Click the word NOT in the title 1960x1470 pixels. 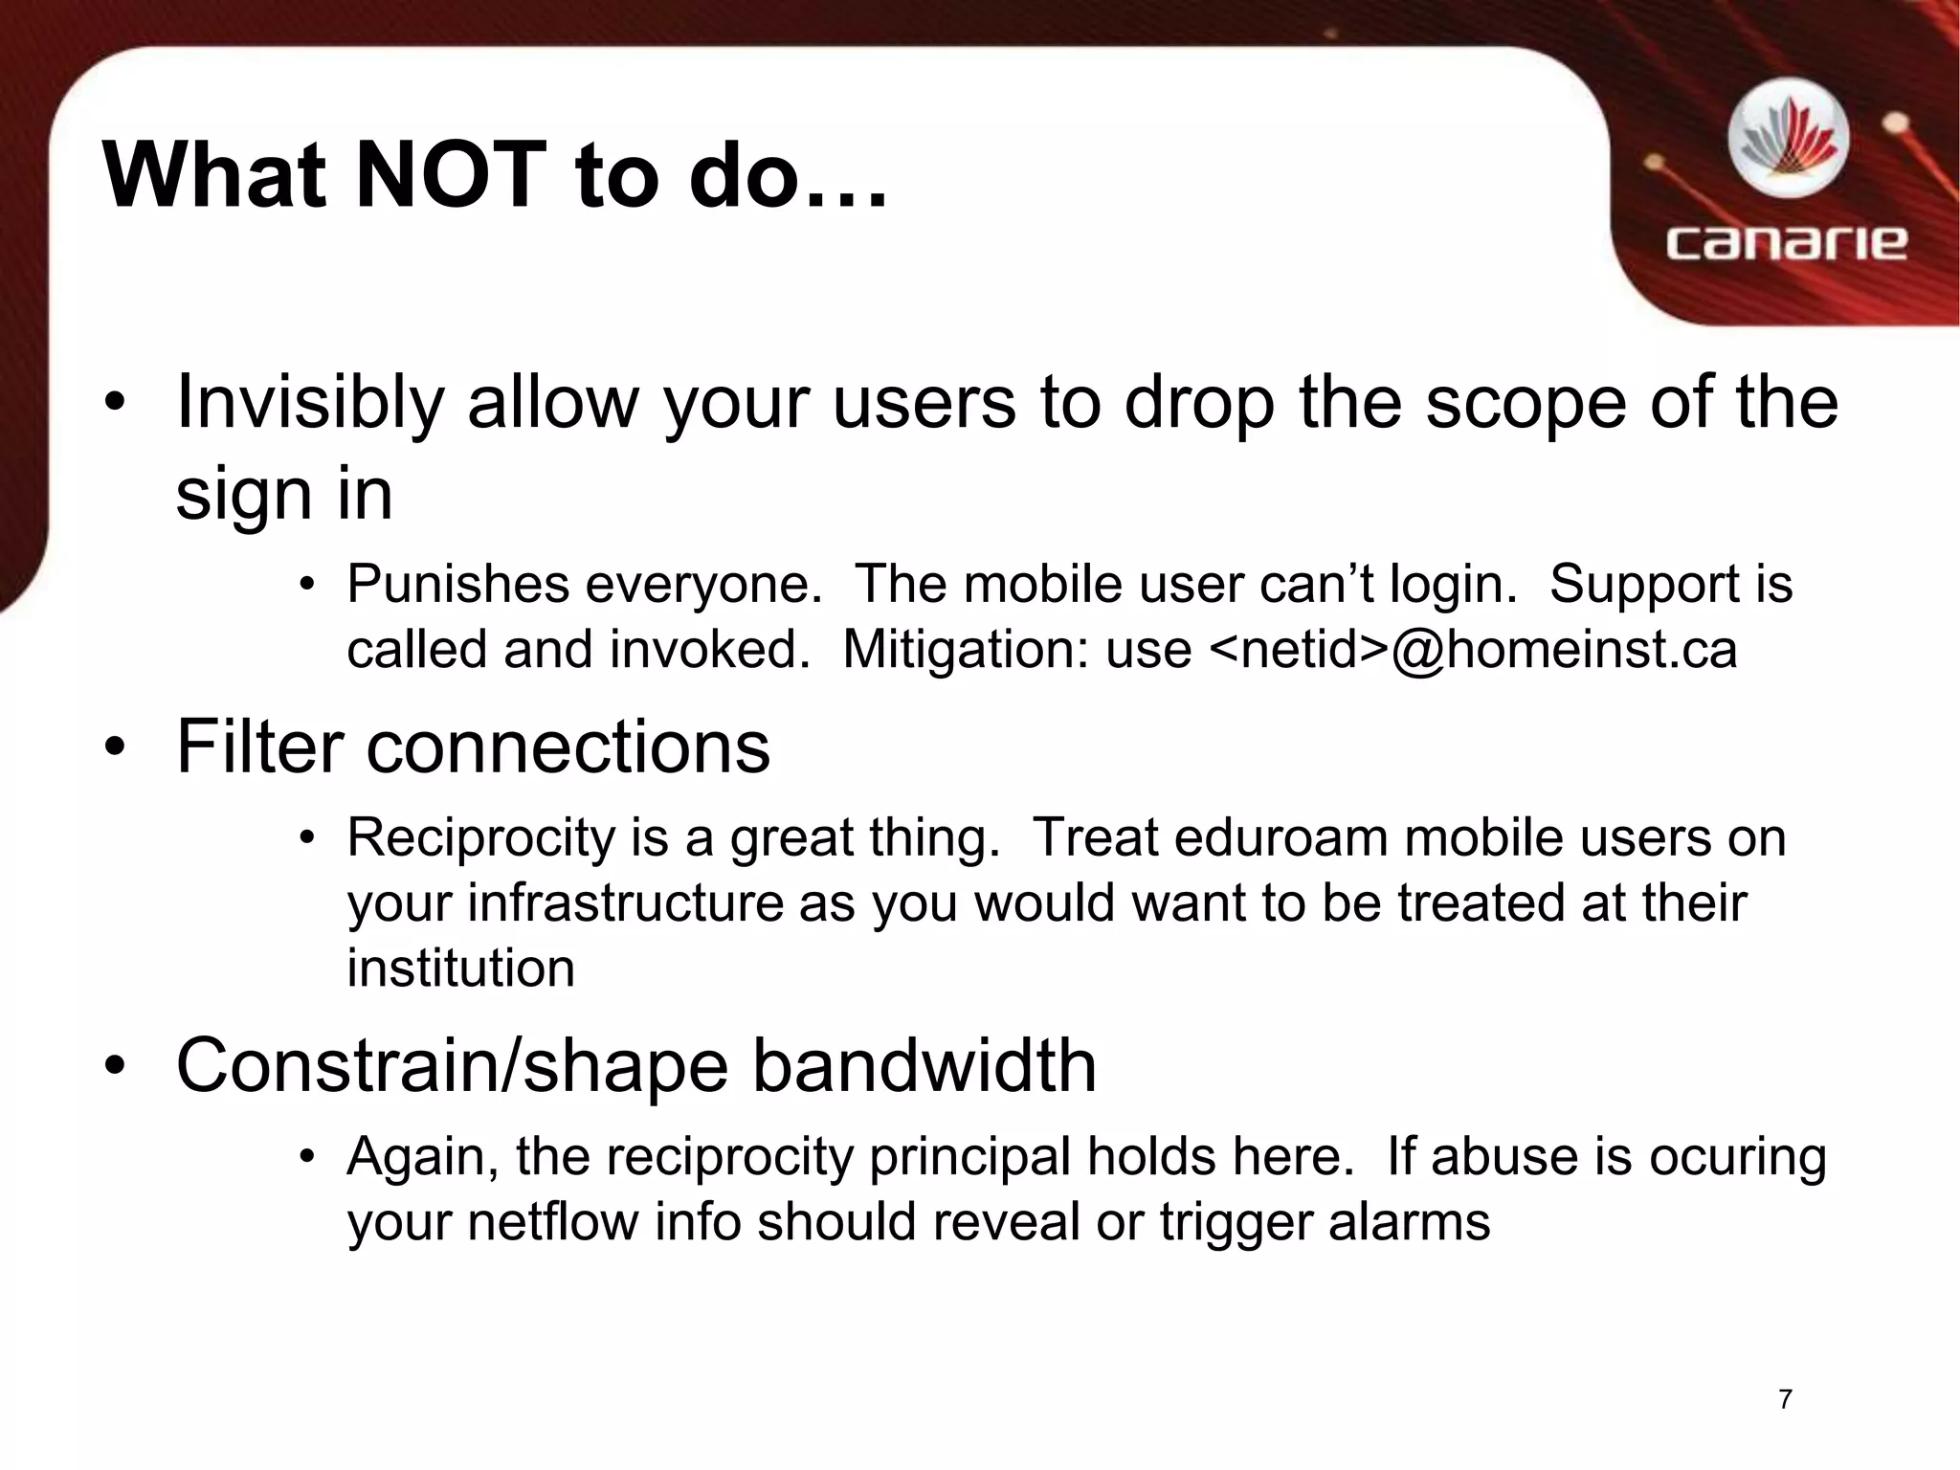[450, 176]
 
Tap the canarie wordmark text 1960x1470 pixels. [1786, 243]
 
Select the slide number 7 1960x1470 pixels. [1785, 1399]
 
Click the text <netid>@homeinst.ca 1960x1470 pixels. [1474, 650]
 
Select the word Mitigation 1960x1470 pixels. [966, 650]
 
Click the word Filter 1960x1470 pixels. [259, 746]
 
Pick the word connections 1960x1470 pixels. [568, 746]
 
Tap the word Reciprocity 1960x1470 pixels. [480, 838]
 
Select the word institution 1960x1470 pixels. [460, 968]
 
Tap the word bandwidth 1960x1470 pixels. [924, 1066]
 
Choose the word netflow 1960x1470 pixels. [554, 1222]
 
